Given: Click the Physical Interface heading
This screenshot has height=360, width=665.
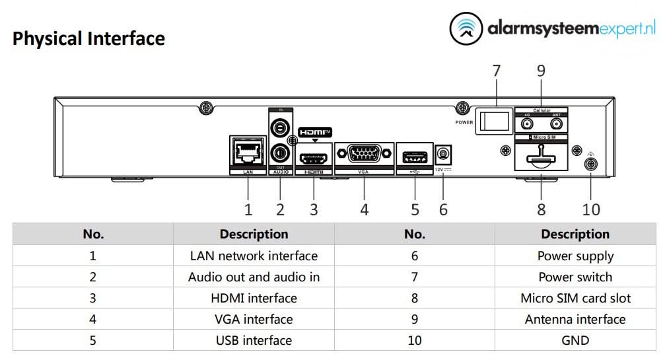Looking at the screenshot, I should [88, 38].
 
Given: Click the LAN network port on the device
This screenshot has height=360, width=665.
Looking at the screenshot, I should [248, 153].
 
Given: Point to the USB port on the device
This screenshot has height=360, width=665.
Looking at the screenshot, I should [414, 157].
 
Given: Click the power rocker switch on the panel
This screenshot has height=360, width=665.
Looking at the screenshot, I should [494, 122].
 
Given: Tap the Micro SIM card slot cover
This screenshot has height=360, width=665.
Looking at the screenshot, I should [541, 158].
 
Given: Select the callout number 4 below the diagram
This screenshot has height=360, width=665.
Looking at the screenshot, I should [364, 209].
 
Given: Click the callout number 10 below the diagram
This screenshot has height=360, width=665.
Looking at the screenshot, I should [590, 209].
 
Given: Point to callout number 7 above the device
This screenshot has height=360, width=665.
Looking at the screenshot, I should [497, 70].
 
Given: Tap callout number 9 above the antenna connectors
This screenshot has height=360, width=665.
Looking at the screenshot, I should [541, 70].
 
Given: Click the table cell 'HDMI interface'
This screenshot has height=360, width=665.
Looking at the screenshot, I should [254, 298].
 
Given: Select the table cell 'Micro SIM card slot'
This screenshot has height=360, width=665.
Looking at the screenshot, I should [575, 298].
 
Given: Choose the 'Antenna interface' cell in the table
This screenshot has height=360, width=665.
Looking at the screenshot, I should [575, 319].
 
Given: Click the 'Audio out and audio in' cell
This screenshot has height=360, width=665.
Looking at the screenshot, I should [254, 277].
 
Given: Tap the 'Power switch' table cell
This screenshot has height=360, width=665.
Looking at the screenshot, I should [575, 277].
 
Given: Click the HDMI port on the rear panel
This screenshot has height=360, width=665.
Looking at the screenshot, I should [314, 159].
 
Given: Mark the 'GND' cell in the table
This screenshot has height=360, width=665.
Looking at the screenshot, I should [575, 340].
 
